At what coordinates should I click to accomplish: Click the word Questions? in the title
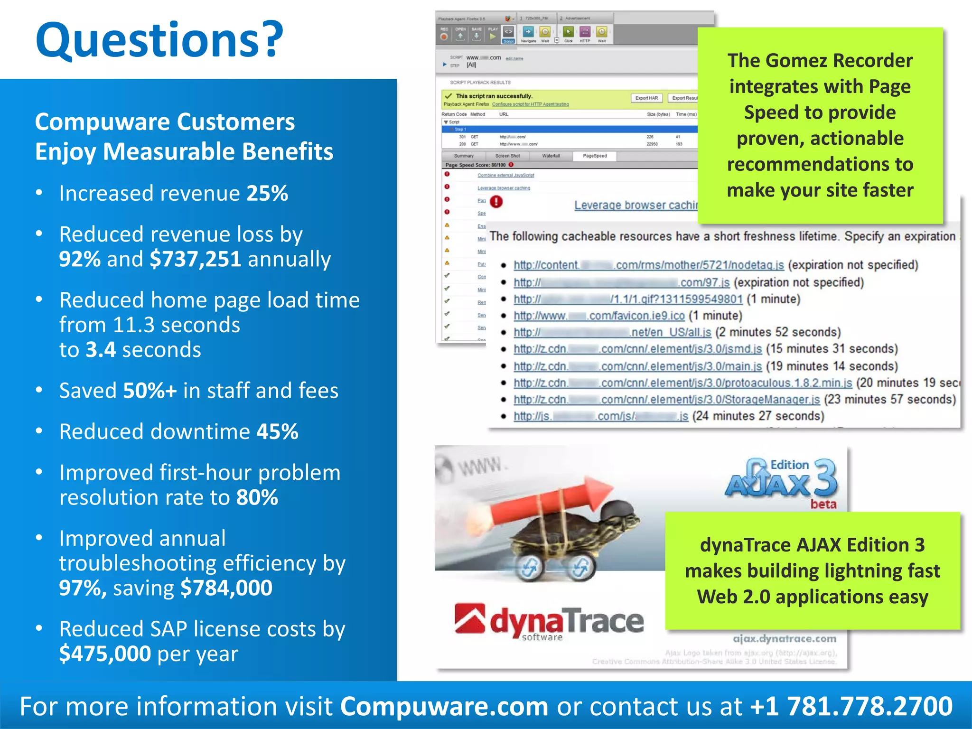159,40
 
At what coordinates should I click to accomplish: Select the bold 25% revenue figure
267,194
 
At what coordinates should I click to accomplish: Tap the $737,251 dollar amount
195,259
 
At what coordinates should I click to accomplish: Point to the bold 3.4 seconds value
101,350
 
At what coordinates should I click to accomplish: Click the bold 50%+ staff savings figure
150,391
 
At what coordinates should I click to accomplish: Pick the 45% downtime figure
277,432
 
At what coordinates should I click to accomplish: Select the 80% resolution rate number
257,498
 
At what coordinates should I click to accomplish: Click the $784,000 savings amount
226,588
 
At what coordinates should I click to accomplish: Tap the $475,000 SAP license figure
105,654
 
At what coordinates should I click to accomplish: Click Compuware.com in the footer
444,706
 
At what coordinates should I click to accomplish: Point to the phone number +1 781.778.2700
851,706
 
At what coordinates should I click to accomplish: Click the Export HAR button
646,98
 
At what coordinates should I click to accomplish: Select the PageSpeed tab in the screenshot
595,156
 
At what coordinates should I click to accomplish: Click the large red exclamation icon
496,202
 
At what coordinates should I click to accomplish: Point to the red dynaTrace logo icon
469,618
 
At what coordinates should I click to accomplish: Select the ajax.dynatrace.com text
784,639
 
